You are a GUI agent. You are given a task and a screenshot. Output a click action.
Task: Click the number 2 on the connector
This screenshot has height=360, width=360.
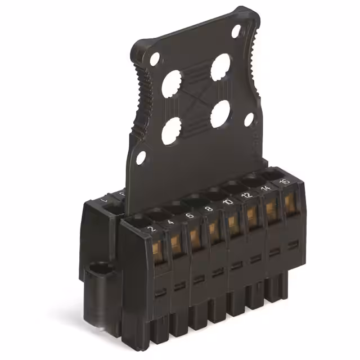(150, 228)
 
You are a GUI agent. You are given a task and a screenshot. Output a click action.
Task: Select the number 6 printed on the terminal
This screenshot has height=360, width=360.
(190, 215)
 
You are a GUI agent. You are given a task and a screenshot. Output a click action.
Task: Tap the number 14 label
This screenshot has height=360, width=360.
(265, 188)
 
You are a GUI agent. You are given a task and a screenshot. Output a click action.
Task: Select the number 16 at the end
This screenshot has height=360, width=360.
(284, 182)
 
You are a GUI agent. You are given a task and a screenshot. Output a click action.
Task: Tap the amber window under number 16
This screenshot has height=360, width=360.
(290, 203)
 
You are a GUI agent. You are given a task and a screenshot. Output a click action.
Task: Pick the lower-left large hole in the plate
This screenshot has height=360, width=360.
(171, 130)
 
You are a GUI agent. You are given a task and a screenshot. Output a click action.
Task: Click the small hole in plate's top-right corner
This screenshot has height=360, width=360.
(236, 31)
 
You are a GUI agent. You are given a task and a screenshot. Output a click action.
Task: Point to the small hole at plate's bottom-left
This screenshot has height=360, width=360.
(141, 157)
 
